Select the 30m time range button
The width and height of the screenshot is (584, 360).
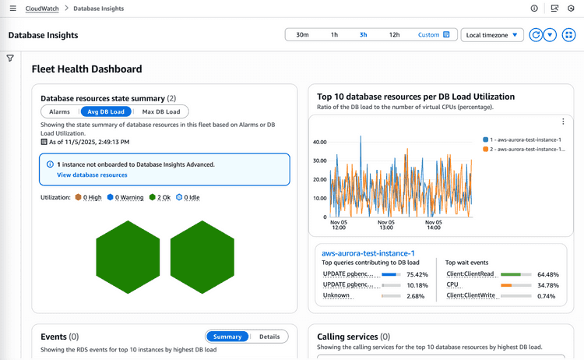(x=303, y=35)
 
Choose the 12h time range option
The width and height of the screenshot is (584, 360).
(x=395, y=35)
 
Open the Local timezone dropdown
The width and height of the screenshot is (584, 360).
(x=492, y=35)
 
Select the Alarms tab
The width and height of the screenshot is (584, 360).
(x=59, y=111)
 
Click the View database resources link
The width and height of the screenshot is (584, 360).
(x=92, y=175)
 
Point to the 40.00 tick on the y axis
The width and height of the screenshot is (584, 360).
(x=319, y=143)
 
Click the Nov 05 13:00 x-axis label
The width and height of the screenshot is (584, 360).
(x=386, y=224)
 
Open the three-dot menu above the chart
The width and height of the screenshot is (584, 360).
(x=563, y=122)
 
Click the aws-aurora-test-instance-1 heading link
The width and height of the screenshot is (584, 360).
(x=368, y=252)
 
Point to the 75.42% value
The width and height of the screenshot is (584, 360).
(x=418, y=274)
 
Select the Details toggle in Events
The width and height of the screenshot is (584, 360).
(x=269, y=337)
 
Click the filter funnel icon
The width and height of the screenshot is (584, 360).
(x=10, y=58)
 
